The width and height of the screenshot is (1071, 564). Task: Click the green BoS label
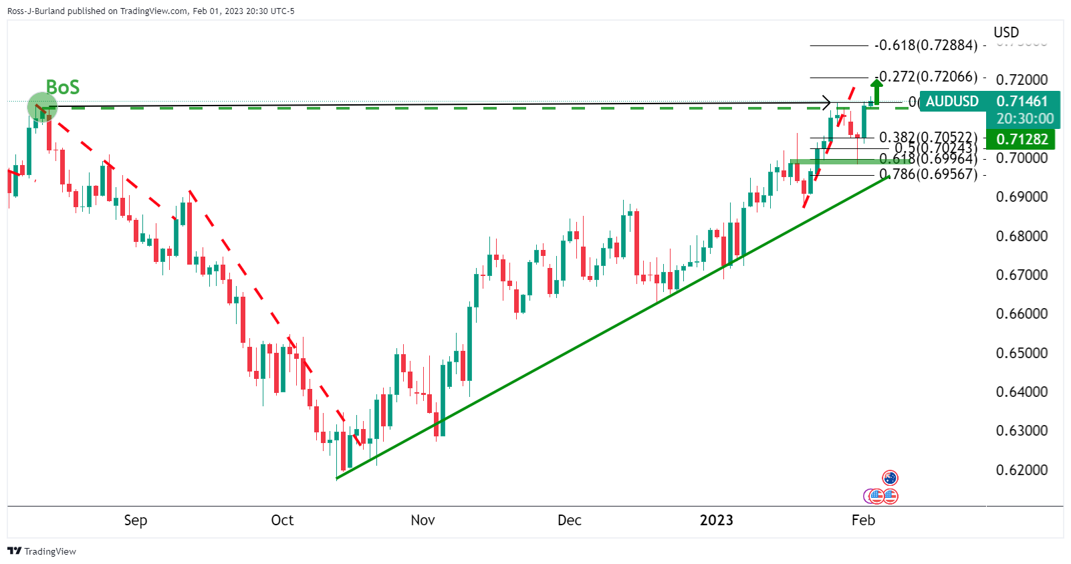tap(62, 87)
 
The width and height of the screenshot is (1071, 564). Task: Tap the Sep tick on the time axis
tap(135, 520)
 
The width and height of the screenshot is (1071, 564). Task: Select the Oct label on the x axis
tap(282, 520)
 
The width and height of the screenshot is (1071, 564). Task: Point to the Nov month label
tap(423, 520)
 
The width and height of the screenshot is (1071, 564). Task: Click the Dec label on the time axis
tap(569, 520)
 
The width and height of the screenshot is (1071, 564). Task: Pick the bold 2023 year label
tap(716, 520)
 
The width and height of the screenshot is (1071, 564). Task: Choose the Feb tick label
tap(863, 520)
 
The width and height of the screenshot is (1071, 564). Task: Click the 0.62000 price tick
tap(1022, 470)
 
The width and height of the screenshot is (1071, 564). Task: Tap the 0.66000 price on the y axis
tap(1022, 313)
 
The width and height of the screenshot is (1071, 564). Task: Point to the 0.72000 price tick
tap(1022, 80)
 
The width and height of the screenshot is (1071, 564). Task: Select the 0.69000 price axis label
tap(1022, 196)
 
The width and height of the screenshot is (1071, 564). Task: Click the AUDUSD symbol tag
tap(952, 102)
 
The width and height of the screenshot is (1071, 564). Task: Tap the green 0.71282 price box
tap(1022, 139)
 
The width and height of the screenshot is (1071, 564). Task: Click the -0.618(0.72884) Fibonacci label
tap(926, 45)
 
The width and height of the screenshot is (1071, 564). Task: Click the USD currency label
tap(1005, 32)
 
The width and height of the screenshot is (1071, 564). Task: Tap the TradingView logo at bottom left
tap(41, 551)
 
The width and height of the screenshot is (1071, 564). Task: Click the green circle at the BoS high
tap(41, 107)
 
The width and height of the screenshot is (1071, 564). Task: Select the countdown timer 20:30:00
tap(1024, 119)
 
